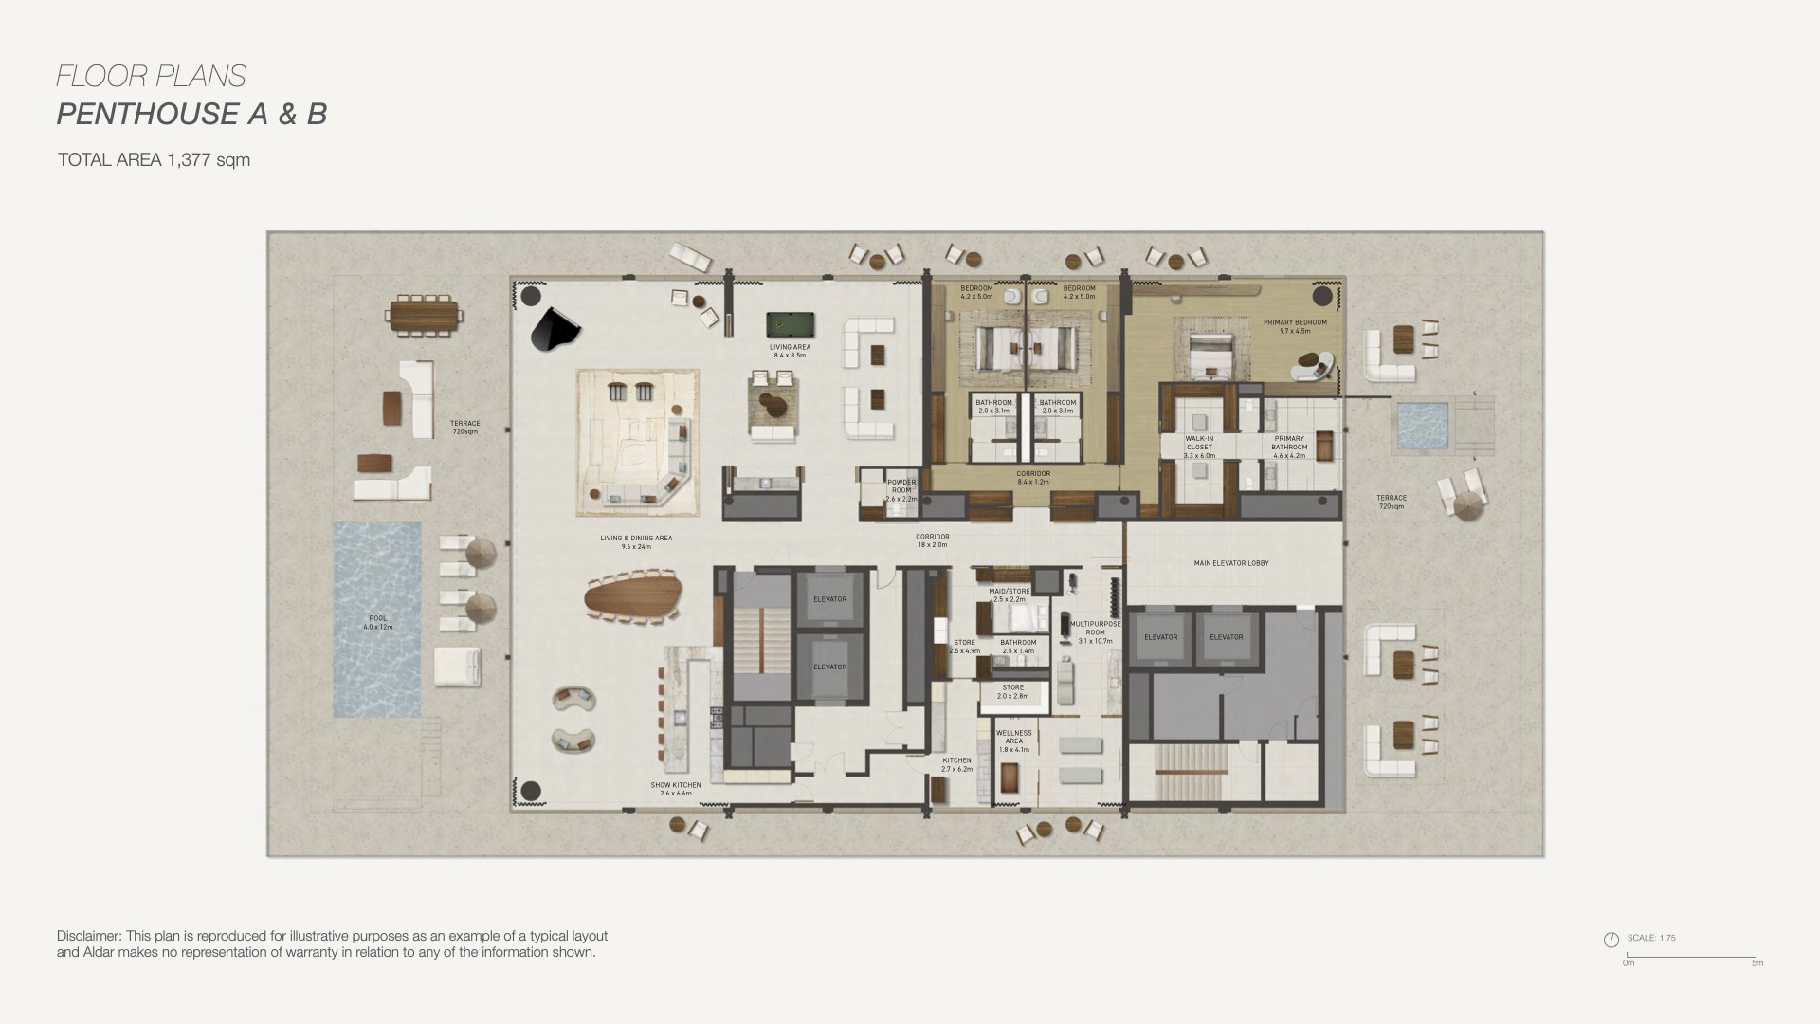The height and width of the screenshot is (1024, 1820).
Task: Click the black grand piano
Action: pos(554,330)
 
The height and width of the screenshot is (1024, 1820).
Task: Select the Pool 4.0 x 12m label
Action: pos(377,622)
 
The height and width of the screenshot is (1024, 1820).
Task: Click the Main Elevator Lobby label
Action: pos(1230,563)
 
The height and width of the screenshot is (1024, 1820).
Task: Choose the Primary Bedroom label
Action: pos(1295,326)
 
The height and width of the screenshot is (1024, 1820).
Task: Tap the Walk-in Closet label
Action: pos(1199,447)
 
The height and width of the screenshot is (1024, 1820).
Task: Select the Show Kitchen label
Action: pos(675,789)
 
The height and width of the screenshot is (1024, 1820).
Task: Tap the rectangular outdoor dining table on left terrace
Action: pos(424,315)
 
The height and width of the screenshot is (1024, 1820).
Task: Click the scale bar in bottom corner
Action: pos(1692,956)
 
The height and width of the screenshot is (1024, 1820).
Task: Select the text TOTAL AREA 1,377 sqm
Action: pos(154,160)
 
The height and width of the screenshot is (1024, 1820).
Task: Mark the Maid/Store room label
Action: pos(1009,594)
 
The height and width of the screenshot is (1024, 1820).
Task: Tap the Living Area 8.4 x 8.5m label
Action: pos(790,351)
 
